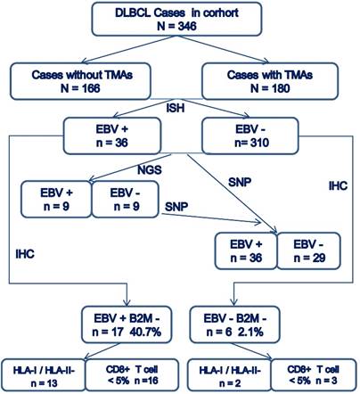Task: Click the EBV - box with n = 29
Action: click(x=309, y=250)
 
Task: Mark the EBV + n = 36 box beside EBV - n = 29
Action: click(x=244, y=250)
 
